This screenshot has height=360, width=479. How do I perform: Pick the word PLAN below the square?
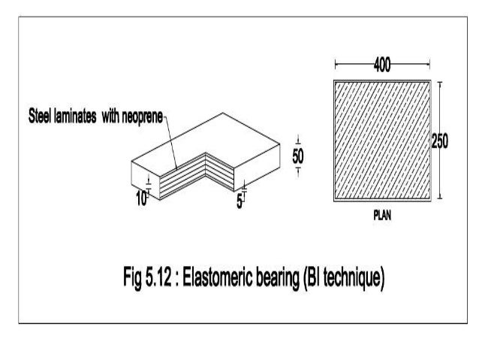[382, 213]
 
